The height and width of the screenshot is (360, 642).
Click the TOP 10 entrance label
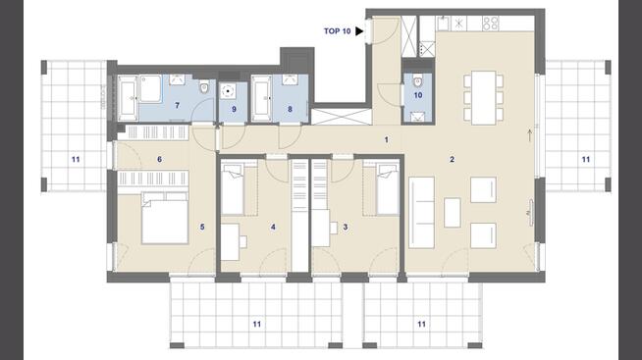click(337, 31)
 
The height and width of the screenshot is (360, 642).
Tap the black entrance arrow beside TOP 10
click(359, 31)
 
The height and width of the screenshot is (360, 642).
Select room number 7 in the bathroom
click(178, 106)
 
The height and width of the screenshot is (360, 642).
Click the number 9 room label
click(234, 109)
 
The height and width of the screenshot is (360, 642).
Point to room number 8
click(290, 109)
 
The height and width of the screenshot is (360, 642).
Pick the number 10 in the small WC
click(417, 95)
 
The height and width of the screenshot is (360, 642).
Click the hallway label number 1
click(386, 140)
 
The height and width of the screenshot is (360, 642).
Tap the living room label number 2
click(452, 160)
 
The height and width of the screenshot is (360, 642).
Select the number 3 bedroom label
click(346, 227)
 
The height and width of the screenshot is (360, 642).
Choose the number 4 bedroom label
click(273, 227)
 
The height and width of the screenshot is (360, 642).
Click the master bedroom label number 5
click(202, 227)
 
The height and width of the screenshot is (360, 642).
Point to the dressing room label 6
click(159, 159)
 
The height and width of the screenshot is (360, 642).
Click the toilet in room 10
click(417, 81)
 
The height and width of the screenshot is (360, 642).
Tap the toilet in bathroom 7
click(204, 86)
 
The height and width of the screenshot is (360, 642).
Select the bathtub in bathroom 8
click(261, 98)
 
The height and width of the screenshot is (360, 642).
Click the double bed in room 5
click(165, 219)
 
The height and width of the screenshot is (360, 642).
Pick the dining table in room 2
click(484, 98)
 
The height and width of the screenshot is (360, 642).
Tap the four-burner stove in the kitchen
click(491, 24)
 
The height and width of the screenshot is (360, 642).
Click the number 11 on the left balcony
click(76, 160)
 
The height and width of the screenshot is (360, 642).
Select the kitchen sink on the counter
click(443, 24)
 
